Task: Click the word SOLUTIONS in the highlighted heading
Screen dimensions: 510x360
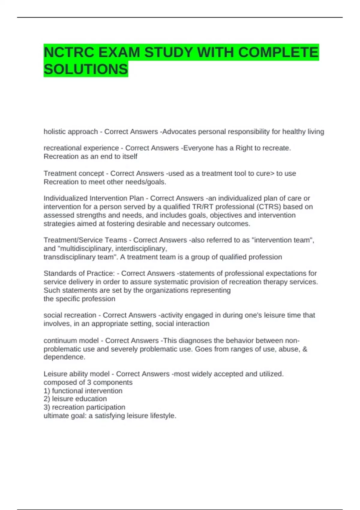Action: (x=86, y=69)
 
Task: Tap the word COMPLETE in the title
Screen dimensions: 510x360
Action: (x=278, y=52)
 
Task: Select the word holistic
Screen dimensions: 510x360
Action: (x=55, y=132)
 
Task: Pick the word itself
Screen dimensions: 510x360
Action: (x=130, y=156)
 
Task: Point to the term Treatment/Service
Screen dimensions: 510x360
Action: (x=85, y=240)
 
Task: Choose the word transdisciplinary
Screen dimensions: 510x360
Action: (x=69, y=257)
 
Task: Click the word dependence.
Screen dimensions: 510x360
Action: (x=64, y=357)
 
